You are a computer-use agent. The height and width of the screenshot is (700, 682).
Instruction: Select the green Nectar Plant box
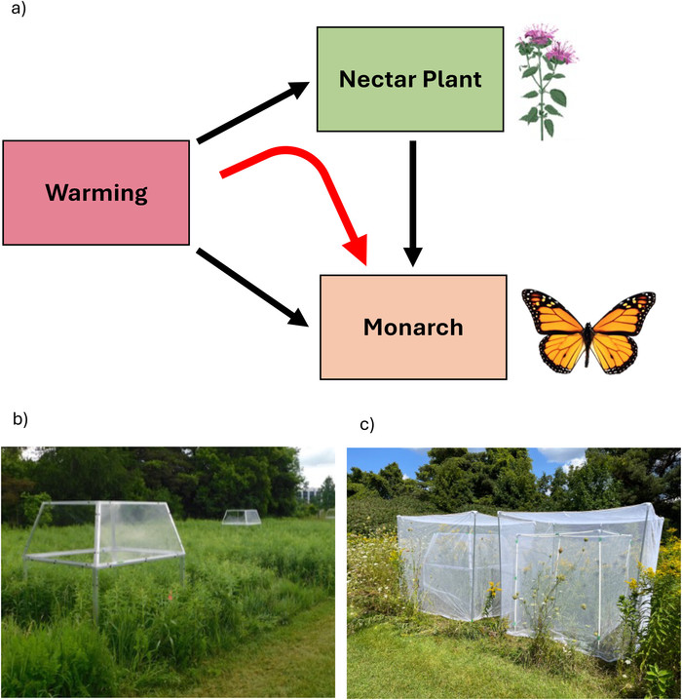click(410, 79)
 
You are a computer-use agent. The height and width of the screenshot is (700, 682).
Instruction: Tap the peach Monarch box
click(413, 327)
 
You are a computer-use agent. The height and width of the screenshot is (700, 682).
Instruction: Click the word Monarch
click(413, 328)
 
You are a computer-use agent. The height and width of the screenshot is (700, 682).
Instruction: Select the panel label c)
click(366, 425)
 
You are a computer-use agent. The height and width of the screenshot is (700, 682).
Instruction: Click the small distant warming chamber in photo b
click(239, 517)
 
